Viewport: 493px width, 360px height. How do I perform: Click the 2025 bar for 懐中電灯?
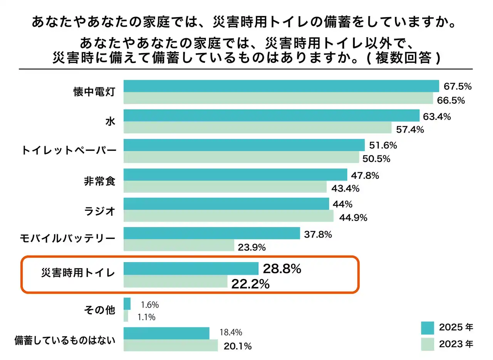coord(281,86)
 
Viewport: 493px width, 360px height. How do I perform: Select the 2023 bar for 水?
coord(257,128)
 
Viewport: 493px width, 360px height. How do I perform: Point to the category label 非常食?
coord(100,181)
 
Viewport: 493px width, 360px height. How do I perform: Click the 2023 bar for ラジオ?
coord(228,216)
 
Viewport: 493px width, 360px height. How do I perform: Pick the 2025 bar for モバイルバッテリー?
coord(211,233)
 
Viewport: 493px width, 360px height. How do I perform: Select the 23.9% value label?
coord(252,248)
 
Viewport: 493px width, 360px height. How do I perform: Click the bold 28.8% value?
coord(282,269)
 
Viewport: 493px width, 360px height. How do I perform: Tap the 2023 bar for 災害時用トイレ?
coord(176,282)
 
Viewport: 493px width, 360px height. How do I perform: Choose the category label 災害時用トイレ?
coord(78,273)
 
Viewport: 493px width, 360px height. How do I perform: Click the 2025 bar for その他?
coord(127,304)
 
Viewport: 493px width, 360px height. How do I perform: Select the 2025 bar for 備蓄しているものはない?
coord(166,333)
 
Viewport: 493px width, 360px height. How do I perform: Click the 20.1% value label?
coord(237,346)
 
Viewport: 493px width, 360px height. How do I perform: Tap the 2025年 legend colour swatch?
coord(428,328)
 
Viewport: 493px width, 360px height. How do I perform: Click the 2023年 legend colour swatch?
coord(428,344)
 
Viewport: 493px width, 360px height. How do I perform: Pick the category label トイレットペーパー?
coord(68,151)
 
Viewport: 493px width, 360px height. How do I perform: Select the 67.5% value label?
coord(457,86)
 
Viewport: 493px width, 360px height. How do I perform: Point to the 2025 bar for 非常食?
coord(235,175)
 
